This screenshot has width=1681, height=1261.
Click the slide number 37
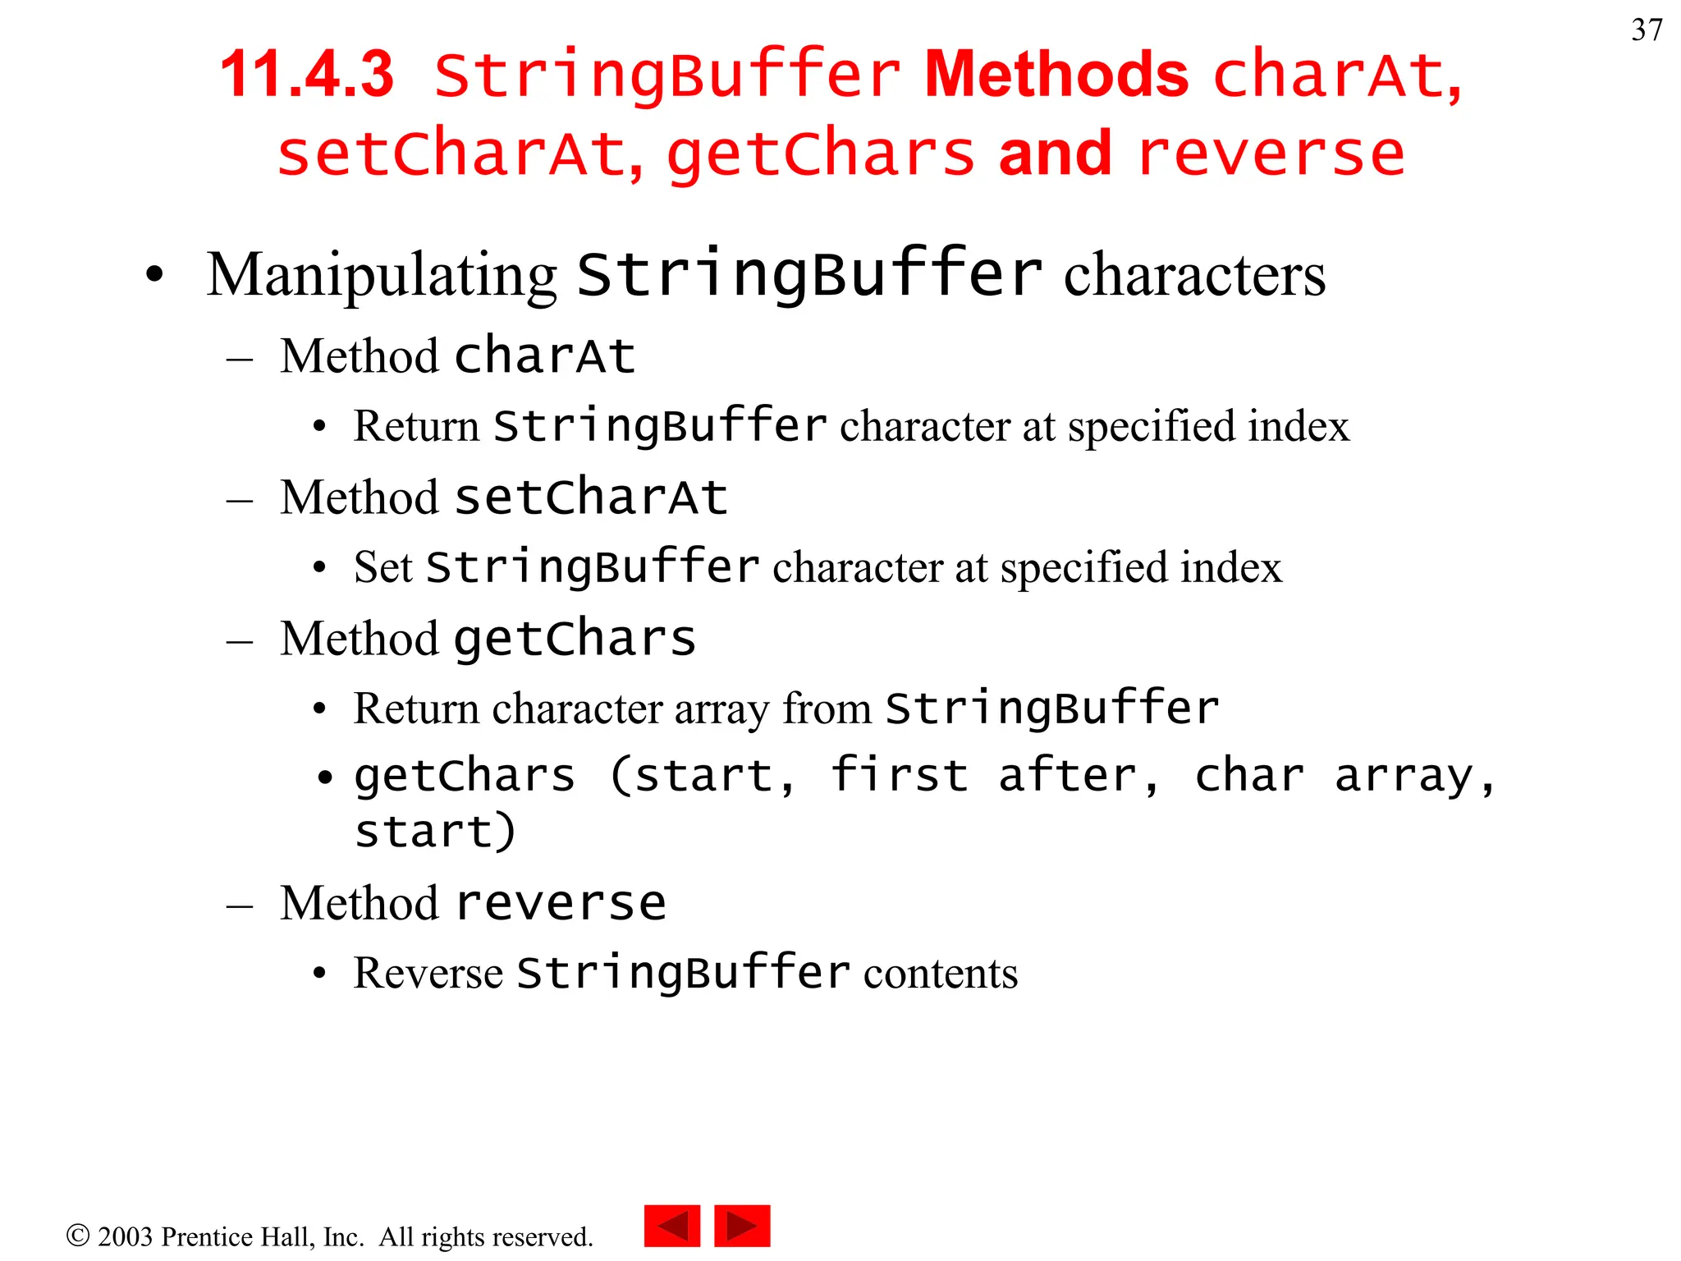tap(1647, 30)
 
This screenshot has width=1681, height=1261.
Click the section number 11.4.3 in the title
tap(307, 75)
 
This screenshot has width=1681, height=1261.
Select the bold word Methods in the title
tap(1056, 75)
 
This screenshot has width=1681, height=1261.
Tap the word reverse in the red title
tap(1271, 154)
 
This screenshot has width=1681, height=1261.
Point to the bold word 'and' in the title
tap(1055, 154)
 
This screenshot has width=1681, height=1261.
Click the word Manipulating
tap(382, 275)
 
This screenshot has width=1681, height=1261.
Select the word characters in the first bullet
tap(1194, 275)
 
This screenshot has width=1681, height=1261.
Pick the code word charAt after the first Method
tap(545, 356)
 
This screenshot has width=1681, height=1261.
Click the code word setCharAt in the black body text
tap(591, 498)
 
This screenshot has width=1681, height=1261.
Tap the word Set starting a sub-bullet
tap(382, 567)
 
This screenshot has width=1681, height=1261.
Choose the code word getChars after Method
tap(575, 639)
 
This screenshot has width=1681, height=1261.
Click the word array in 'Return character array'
tap(721, 708)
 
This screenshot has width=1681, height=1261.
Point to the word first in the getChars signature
tap(899, 776)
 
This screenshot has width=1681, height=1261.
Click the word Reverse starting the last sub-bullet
tap(428, 974)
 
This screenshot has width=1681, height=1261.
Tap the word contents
tap(940, 974)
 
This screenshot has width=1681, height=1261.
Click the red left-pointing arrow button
tap(672, 1227)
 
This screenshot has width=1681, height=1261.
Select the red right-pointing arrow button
tap(742, 1227)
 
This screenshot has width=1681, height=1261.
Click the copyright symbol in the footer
tap(78, 1236)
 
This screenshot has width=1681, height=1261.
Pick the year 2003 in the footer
tap(125, 1236)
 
